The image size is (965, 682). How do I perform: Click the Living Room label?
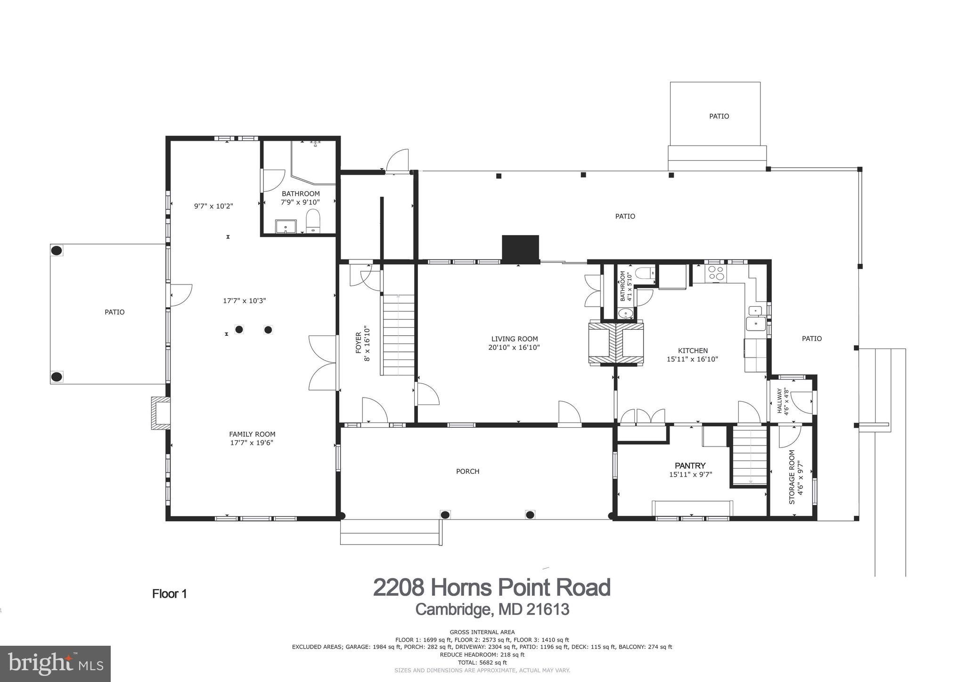click(x=514, y=339)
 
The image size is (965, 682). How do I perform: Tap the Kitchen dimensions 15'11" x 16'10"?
click(x=692, y=359)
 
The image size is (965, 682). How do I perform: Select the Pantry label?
click(x=690, y=465)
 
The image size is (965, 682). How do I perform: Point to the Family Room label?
click(x=252, y=434)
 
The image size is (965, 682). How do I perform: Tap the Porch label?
click(x=467, y=471)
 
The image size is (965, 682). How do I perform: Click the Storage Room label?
click(x=792, y=477)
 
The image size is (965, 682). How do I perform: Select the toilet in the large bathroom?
click(x=313, y=221)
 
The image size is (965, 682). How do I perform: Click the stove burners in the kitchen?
click(x=716, y=274)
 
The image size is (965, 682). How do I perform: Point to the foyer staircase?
click(x=399, y=334)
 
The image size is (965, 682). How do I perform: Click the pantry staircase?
click(x=750, y=457)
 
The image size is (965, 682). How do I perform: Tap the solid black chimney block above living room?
click(x=520, y=248)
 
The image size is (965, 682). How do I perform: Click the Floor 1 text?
click(x=170, y=593)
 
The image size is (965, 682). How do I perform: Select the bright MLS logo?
click(x=55, y=664)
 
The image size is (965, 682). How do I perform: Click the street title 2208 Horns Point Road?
click(x=491, y=587)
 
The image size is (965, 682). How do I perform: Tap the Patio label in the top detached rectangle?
click(x=719, y=116)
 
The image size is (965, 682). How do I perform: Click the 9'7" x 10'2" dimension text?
click(x=213, y=206)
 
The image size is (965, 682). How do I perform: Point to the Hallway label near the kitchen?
click(x=780, y=400)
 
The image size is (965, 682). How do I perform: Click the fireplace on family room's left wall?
click(x=160, y=413)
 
